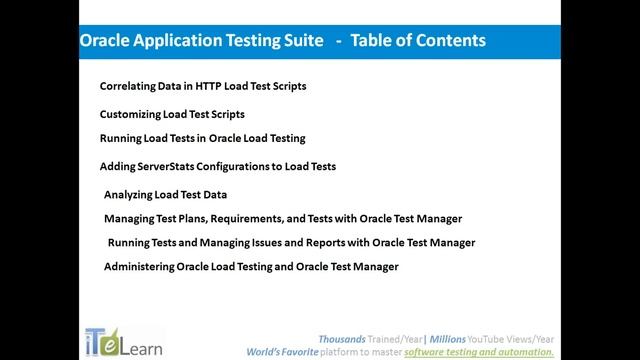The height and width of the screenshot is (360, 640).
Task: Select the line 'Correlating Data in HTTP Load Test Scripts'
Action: tap(203, 86)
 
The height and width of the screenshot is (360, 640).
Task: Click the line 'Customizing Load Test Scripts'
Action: tap(172, 114)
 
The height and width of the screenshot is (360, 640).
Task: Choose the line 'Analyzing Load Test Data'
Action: tap(165, 194)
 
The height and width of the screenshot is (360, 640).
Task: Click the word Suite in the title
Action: tap(297, 41)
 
